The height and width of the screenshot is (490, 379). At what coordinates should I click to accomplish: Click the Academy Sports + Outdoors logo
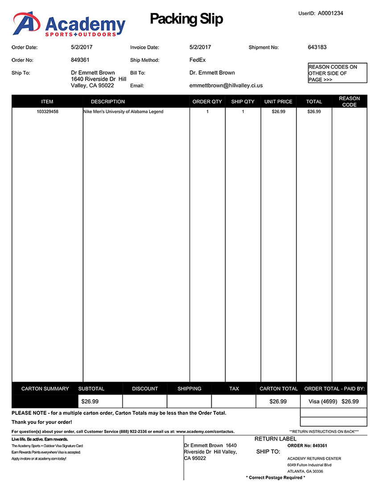pyautogui.click(x=69, y=24)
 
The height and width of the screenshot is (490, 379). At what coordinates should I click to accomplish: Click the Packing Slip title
pyautogui.click(x=186, y=19)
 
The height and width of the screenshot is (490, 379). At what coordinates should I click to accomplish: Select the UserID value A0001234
pyautogui.click(x=330, y=13)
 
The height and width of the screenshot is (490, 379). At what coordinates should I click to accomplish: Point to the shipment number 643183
pyautogui.click(x=317, y=47)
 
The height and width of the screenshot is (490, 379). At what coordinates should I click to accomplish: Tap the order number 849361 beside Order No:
pyautogui.click(x=80, y=60)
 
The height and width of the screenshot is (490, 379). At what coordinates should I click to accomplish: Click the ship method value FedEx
pyautogui.click(x=198, y=60)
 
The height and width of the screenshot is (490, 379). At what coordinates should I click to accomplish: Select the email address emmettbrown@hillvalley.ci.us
pyautogui.click(x=226, y=85)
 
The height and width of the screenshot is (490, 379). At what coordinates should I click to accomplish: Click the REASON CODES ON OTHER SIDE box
pyautogui.click(x=337, y=73)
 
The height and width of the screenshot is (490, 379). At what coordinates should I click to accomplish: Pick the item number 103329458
pyautogui.click(x=47, y=112)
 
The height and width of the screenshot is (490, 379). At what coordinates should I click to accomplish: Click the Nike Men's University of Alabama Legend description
pyautogui.click(x=124, y=112)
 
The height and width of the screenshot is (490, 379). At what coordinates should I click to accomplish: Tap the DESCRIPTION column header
pyautogui.click(x=108, y=102)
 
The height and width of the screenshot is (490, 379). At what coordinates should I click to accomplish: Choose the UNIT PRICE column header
pyautogui.click(x=278, y=102)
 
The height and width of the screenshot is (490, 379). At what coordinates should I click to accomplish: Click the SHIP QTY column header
pyautogui.click(x=243, y=102)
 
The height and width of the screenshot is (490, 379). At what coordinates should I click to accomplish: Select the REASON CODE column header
pyautogui.click(x=349, y=102)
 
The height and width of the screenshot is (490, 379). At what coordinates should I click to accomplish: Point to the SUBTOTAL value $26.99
pyautogui.click(x=90, y=401)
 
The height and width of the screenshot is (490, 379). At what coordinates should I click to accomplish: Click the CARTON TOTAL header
pyautogui.click(x=279, y=388)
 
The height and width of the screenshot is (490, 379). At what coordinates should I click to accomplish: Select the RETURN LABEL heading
pyautogui.click(x=275, y=439)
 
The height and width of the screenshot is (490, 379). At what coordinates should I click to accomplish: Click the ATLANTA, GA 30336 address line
pyautogui.click(x=305, y=471)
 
